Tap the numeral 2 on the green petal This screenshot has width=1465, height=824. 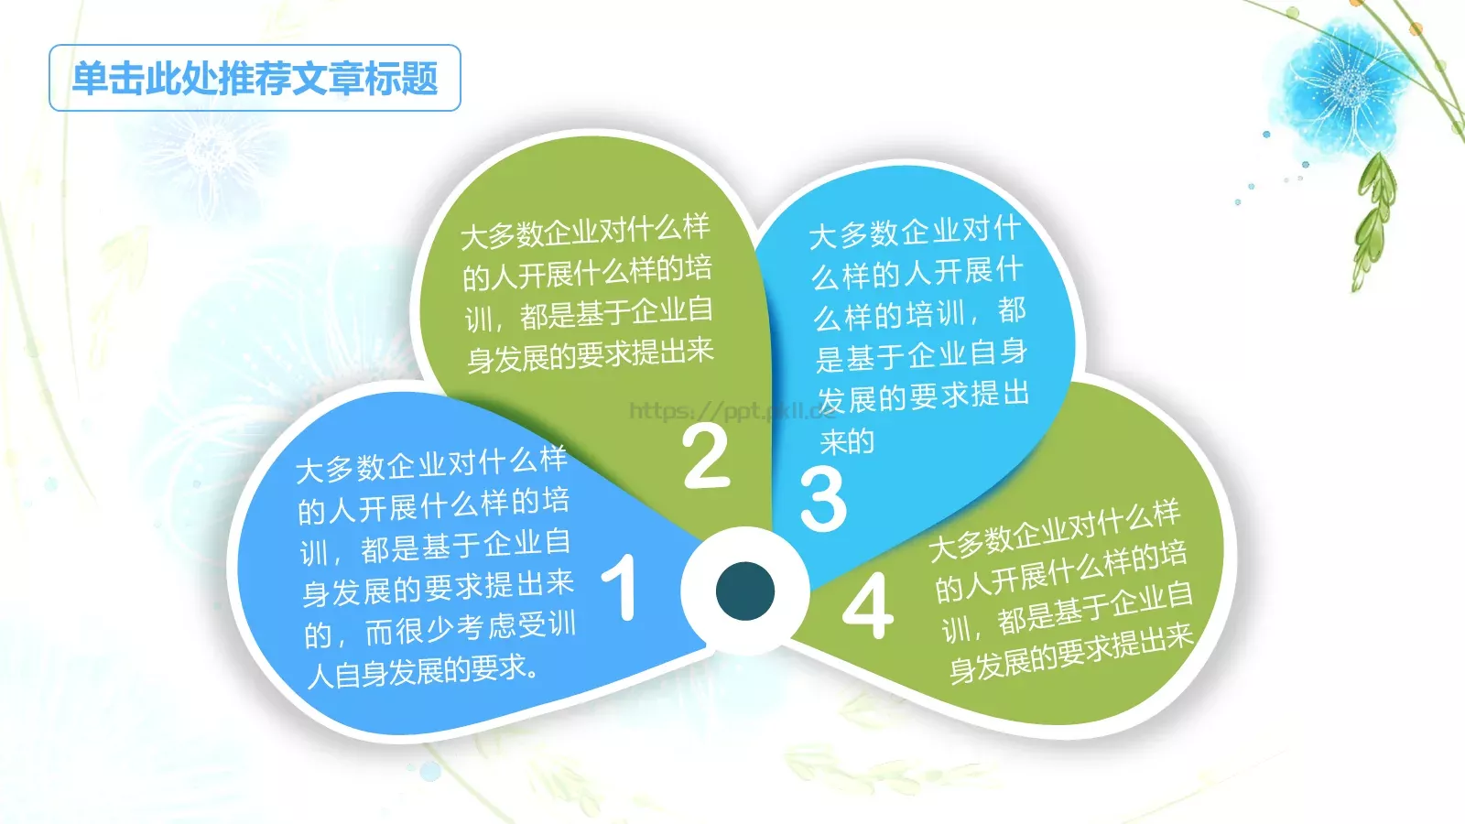coord(705,457)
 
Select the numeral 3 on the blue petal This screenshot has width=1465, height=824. coord(822,499)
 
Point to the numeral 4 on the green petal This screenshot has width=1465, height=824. coord(867,605)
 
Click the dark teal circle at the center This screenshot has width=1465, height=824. coord(744,591)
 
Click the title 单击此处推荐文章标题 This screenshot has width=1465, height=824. coord(255,78)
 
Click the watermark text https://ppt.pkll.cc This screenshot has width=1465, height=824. coord(732,411)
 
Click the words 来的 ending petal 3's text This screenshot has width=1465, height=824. coord(847,442)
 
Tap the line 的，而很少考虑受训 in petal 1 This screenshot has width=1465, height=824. coord(439,630)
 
